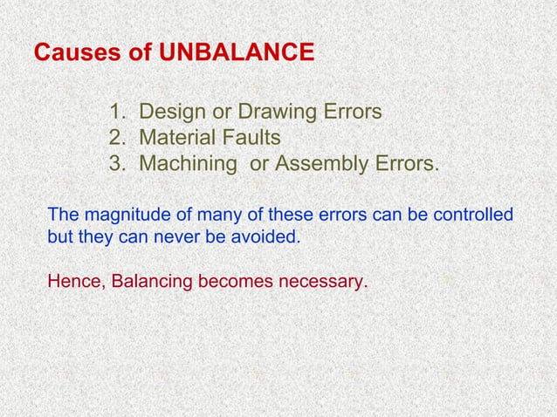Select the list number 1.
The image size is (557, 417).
pos(116,113)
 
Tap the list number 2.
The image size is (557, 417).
pos(116,139)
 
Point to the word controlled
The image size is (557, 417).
pos(474,215)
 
